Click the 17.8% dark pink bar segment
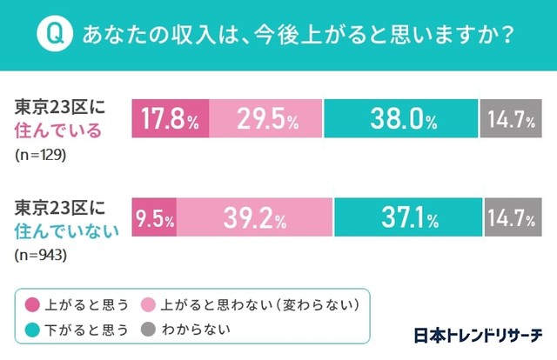171,119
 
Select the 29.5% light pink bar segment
265,119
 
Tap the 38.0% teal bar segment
400,119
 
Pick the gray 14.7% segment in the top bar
511,119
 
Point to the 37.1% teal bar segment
407,219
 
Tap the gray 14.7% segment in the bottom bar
511,219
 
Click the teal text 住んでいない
64,230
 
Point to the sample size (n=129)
41,156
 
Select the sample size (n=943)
41,255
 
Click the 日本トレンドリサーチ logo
477,334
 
